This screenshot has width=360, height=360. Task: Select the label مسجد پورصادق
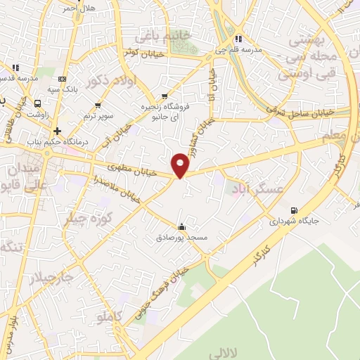(x=182, y=238)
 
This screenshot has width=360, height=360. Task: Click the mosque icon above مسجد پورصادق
(x=182, y=226)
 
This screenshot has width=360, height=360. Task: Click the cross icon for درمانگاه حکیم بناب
(x=57, y=131)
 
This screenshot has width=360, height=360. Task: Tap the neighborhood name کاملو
(x=110, y=319)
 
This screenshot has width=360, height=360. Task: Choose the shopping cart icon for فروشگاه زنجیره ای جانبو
(x=165, y=96)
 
